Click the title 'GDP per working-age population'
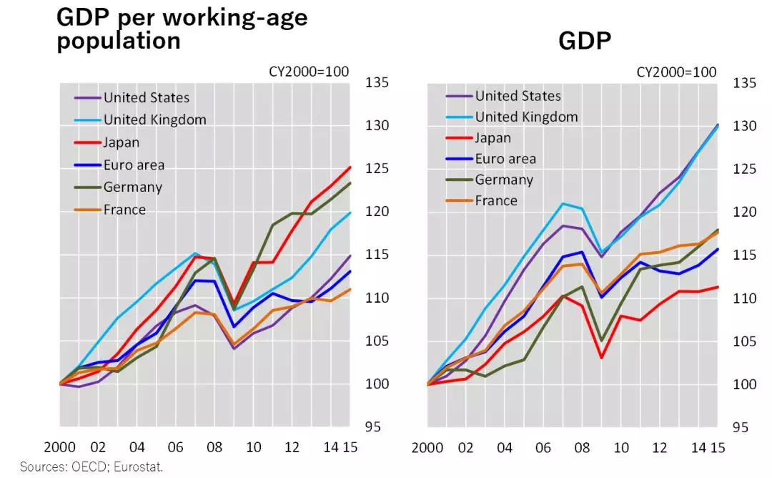pyautogui.click(x=182, y=28)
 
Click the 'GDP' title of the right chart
pyautogui.click(x=585, y=42)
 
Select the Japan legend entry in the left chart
pyautogui.click(x=122, y=142)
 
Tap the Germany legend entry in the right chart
pyautogui.click(x=504, y=180)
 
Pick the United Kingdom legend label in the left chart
pyautogui.click(x=154, y=119)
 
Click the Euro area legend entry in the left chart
pyautogui.click(x=134, y=165)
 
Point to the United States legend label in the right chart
pyautogui.click(x=518, y=96)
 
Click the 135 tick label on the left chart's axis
pyautogui.click(x=377, y=82)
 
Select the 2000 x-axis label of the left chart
pyautogui.click(x=59, y=447)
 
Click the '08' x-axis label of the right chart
pyautogui.click(x=583, y=447)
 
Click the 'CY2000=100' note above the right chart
pyautogui.click(x=675, y=72)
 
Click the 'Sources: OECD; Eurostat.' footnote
pyautogui.click(x=91, y=467)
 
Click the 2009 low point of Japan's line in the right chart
pyautogui.click(x=602, y=357)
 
